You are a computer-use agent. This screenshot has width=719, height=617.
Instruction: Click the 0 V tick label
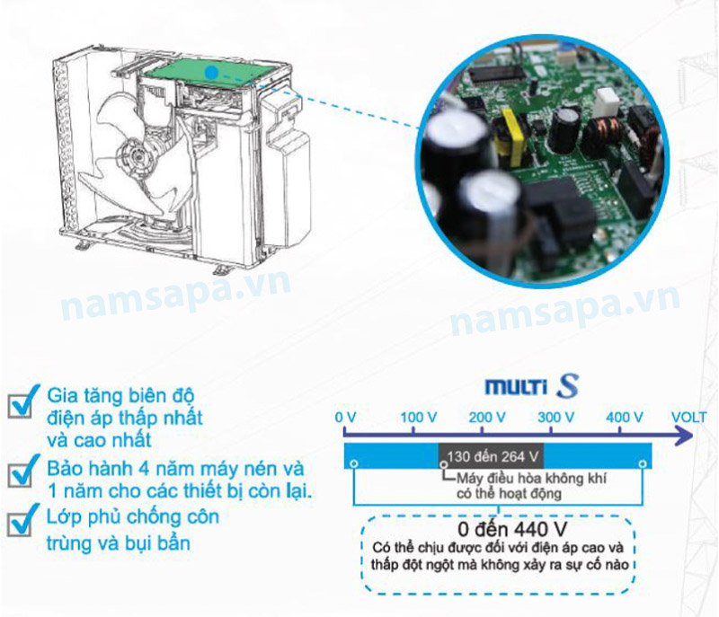[345, 418]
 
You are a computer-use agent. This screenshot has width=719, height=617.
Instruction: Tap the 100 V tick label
[418, 418]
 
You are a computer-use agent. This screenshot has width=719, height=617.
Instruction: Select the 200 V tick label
[487, 418]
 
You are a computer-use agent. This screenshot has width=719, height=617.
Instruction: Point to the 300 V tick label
[555, 418]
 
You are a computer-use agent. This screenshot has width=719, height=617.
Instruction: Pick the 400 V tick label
[625, 418]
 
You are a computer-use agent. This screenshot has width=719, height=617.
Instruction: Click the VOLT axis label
[688, 418]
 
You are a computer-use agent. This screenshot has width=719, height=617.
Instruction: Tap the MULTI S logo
[532, 386]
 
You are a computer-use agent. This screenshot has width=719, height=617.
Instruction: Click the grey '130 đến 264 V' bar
[492, 456]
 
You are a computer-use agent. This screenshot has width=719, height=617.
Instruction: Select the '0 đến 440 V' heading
[512, 530]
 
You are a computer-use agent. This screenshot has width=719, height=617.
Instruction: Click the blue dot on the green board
[211, 72]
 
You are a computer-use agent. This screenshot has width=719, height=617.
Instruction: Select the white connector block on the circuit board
[608, 102]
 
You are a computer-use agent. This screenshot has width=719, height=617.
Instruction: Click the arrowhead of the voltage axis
[685, 435]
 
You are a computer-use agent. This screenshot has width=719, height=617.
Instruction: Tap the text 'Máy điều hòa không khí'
[531, 479]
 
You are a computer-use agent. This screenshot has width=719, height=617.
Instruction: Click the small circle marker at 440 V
[643, 464]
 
